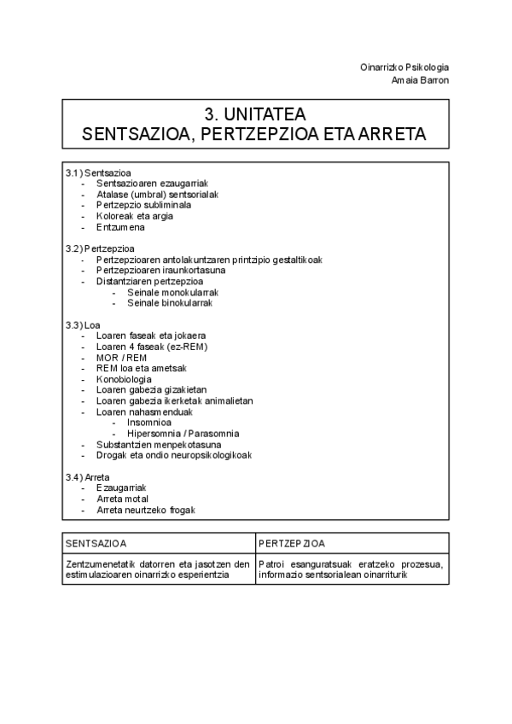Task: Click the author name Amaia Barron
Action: click(x=420, y=79)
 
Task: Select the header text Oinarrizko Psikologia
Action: click(x=404, y=67)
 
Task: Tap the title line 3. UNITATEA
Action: click(x=255, y=114)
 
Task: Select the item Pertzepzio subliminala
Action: click(x=143, y=205)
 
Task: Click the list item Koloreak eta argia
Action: click(x=134, y=216)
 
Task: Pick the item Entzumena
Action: click(x=120, y=227)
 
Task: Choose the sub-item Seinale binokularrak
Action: click(x=169, y=302)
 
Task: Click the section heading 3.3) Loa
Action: click(x=83, y=324)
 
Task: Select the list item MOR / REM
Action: click(x=121, y=357)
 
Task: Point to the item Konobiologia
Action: click(x=124, y=379)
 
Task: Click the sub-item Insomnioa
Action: click(x=148, y=423)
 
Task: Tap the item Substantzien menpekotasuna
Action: click(x=159, y=444)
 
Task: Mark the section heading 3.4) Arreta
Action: click(x=87, y=476)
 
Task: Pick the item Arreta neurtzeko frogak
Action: click(x=146, y=510)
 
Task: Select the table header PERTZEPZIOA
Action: click(x=292, y=543)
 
